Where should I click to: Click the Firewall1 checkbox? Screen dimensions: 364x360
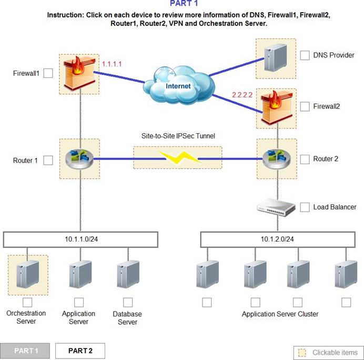48,73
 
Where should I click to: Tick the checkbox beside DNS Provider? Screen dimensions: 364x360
305,55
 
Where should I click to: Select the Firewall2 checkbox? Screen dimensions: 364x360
305,107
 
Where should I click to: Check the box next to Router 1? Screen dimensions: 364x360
48,160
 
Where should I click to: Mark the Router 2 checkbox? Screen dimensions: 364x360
305,159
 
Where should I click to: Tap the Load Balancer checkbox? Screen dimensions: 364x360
305,207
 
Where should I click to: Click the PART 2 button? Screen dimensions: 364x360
80,351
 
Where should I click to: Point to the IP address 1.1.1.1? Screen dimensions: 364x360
112,64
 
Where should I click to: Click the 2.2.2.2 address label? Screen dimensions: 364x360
242,95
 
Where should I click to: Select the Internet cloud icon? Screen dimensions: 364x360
178,85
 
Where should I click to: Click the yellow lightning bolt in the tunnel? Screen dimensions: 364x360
179,157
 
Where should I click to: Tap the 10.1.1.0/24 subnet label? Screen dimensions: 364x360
81,239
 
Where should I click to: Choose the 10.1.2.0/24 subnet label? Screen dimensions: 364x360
277,239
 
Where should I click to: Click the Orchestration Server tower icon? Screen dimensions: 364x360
28,274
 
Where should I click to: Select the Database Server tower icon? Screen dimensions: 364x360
128,274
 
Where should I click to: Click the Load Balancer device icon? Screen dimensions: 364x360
276,207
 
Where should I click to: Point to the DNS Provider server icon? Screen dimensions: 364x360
275,58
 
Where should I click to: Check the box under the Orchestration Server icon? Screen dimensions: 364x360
27,303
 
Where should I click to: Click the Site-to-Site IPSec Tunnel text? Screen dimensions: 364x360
178,136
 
